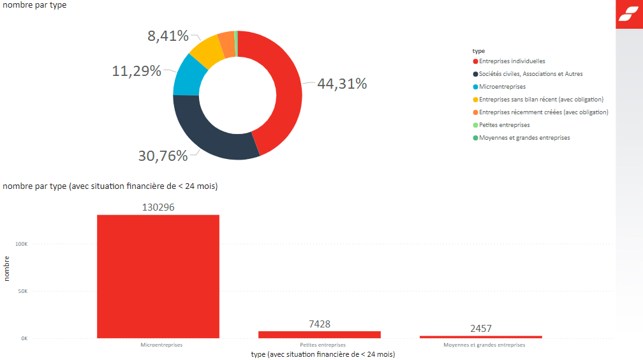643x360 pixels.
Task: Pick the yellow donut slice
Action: pyautogui.click(x=208, y=50)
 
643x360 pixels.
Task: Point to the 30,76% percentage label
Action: pyautogui.click(x=163, y=155)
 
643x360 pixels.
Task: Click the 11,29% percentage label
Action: pyautogui.click(x=137, y=71)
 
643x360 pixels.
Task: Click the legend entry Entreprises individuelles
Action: pyautogui.click(x=512, y=61)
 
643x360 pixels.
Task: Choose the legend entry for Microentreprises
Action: pyautogui.click(x=502, y=87)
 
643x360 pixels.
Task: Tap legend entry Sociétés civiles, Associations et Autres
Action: pyautogui.click(x=530, y=74)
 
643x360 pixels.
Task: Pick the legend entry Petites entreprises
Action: pyautogui.click(x=504, y=125)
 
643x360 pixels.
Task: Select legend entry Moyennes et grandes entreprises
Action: pyautogui.click(x=524, y=138)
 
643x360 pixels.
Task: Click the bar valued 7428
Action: pyautogui.click(x=320, y=334)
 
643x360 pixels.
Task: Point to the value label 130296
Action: pyautogui.click(x=158, y=207)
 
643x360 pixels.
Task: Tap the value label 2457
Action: pyautogui.click(x=481, y=329)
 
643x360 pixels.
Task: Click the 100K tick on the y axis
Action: pyautogui.click(x=21, y=244)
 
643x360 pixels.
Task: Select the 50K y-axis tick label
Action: pyautogui.click(x=22, y=291)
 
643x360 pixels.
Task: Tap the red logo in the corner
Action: pyautogui.click(x=629, y=15)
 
